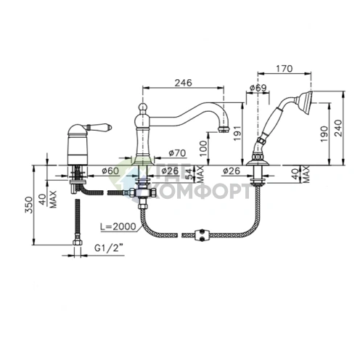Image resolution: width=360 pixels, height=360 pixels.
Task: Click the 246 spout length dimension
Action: click(184, 83)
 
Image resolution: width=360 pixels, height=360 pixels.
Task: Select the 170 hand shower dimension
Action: click(284, 69)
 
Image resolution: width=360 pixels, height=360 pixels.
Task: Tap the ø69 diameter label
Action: click(258, 88)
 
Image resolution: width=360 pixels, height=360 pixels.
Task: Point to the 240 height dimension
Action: click(339, 128)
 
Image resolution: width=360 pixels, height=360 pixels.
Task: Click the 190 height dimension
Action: click(324, 134)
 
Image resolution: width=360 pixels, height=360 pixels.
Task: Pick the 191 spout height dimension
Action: click(237, 133)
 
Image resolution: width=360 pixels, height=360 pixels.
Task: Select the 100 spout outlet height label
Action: click(204, 148)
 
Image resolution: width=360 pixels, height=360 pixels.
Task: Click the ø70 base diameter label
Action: click(177, 153)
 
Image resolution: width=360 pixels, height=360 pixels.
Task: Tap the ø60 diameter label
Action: click(110, 171)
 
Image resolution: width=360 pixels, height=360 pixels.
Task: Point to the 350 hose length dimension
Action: click(29, 205)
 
